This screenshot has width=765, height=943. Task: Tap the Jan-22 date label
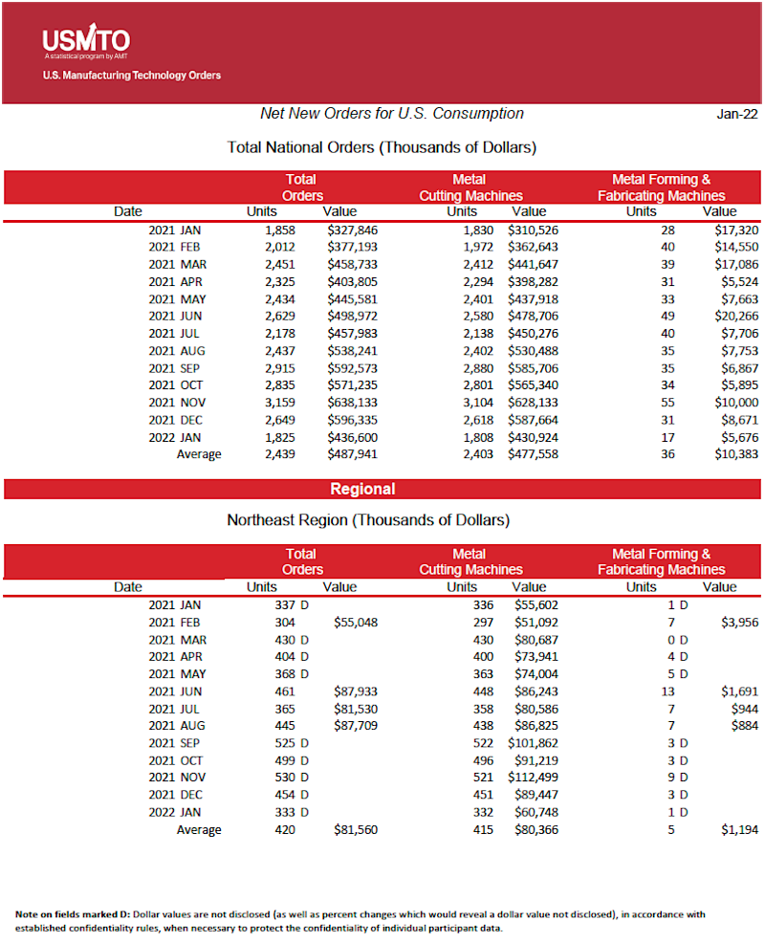[737, 114]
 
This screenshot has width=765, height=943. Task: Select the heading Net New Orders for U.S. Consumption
[392, 113]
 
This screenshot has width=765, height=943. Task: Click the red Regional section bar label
[362, 489]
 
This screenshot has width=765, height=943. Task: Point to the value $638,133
[352, 403]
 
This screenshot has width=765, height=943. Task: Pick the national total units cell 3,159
[279, 403]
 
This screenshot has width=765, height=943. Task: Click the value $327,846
[352, 230]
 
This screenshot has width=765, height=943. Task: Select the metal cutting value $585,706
[533, 368]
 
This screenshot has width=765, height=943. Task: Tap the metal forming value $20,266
[735, 317]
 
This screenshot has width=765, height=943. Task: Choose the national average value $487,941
[352, 454]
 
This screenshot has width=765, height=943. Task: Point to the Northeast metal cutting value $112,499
[533, 777]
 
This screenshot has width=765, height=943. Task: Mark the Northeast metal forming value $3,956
[739, 622]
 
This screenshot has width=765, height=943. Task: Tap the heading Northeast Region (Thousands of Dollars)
[368, 520]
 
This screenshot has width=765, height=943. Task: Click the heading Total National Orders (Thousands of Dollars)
[382, 147]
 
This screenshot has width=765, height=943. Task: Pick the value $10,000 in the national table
[735, 403]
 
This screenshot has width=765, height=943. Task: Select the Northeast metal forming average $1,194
[739, 829]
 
